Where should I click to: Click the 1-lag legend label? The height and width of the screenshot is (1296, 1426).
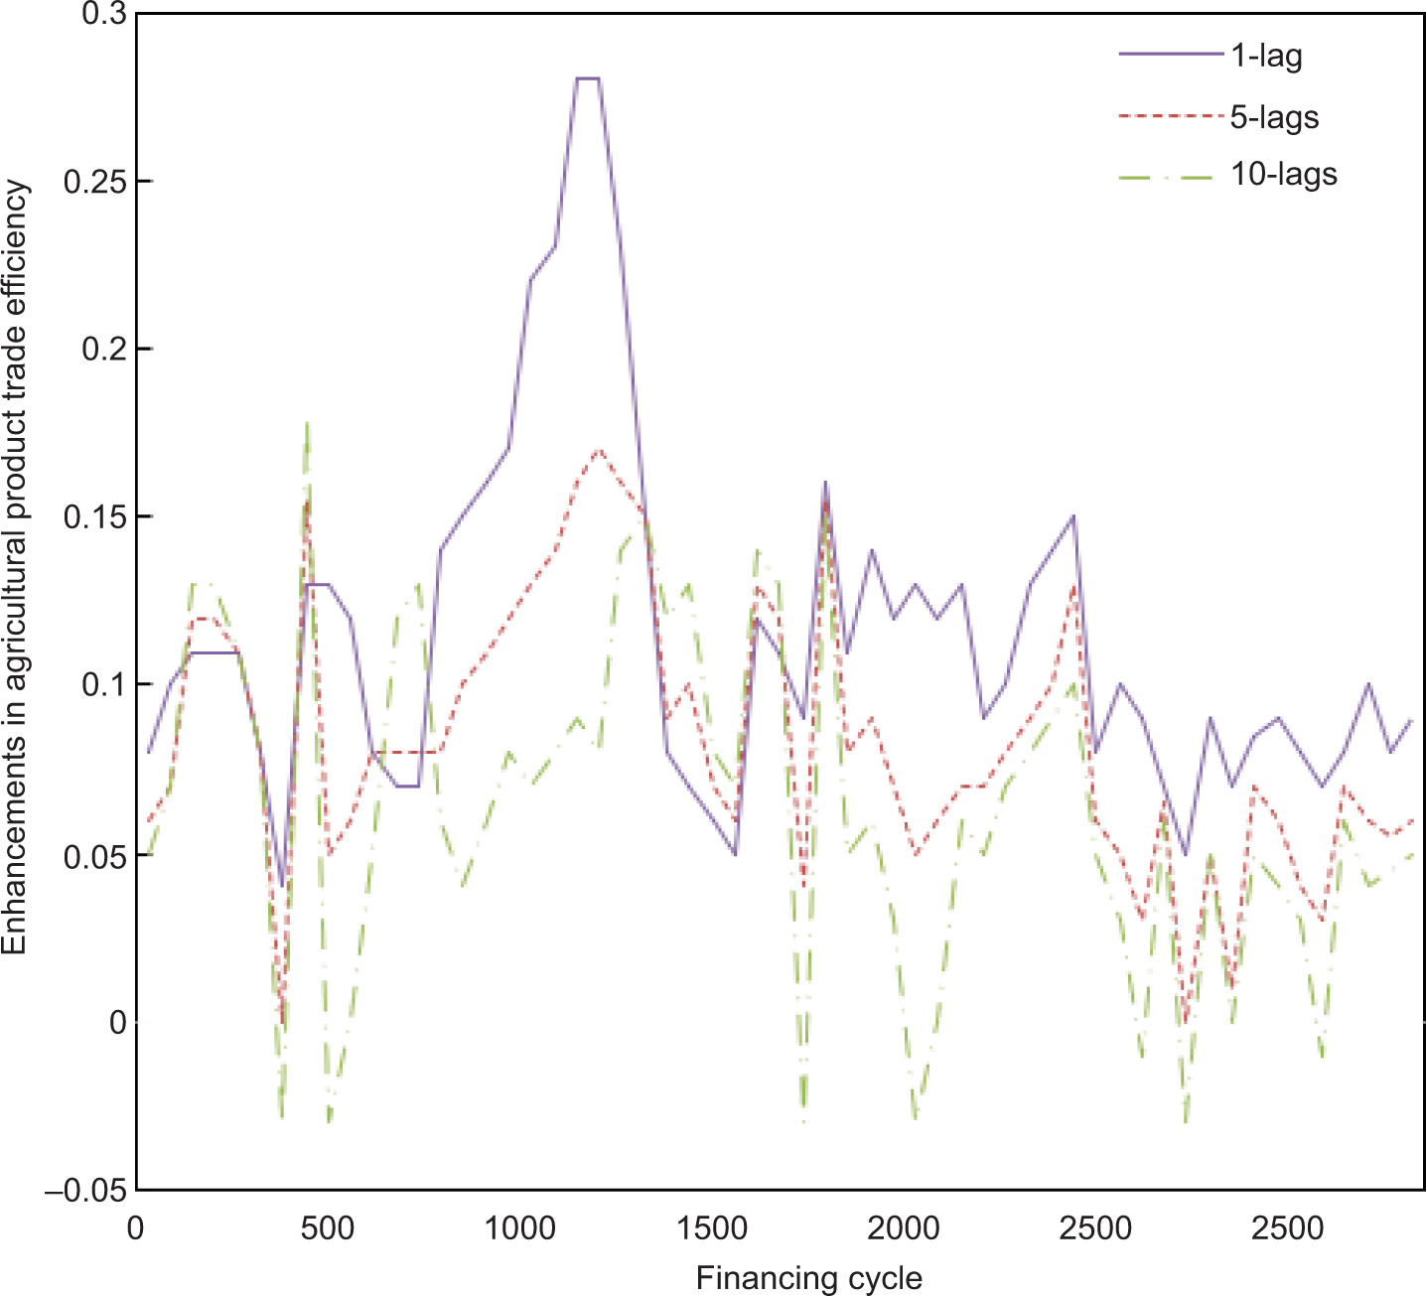point(1266,56)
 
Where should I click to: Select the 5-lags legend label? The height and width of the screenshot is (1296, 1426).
point(1274,117)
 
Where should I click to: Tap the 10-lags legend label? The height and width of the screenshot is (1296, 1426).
point(1284,175)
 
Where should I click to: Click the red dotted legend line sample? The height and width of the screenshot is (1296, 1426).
point(1170,116)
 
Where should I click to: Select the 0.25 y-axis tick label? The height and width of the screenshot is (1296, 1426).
point(95,182)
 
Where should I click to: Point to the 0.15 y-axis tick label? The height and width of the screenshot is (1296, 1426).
point(95,517)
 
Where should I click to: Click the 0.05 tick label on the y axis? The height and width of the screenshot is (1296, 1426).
point(95,855)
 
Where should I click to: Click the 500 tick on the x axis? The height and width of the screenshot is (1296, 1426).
point(327,1228)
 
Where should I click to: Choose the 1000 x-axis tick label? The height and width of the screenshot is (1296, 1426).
point(519,1228)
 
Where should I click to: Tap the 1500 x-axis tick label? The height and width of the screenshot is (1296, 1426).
point(711,1228)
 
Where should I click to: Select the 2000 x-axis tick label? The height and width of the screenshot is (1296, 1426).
point(903,1228)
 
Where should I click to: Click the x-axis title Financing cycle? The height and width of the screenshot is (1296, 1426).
point(808,1278)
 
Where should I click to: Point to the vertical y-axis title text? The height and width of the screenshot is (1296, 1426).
point(16,567)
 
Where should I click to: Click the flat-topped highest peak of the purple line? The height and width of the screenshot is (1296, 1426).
point(587,77)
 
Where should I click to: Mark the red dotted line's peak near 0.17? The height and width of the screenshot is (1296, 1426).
point(599,450)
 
